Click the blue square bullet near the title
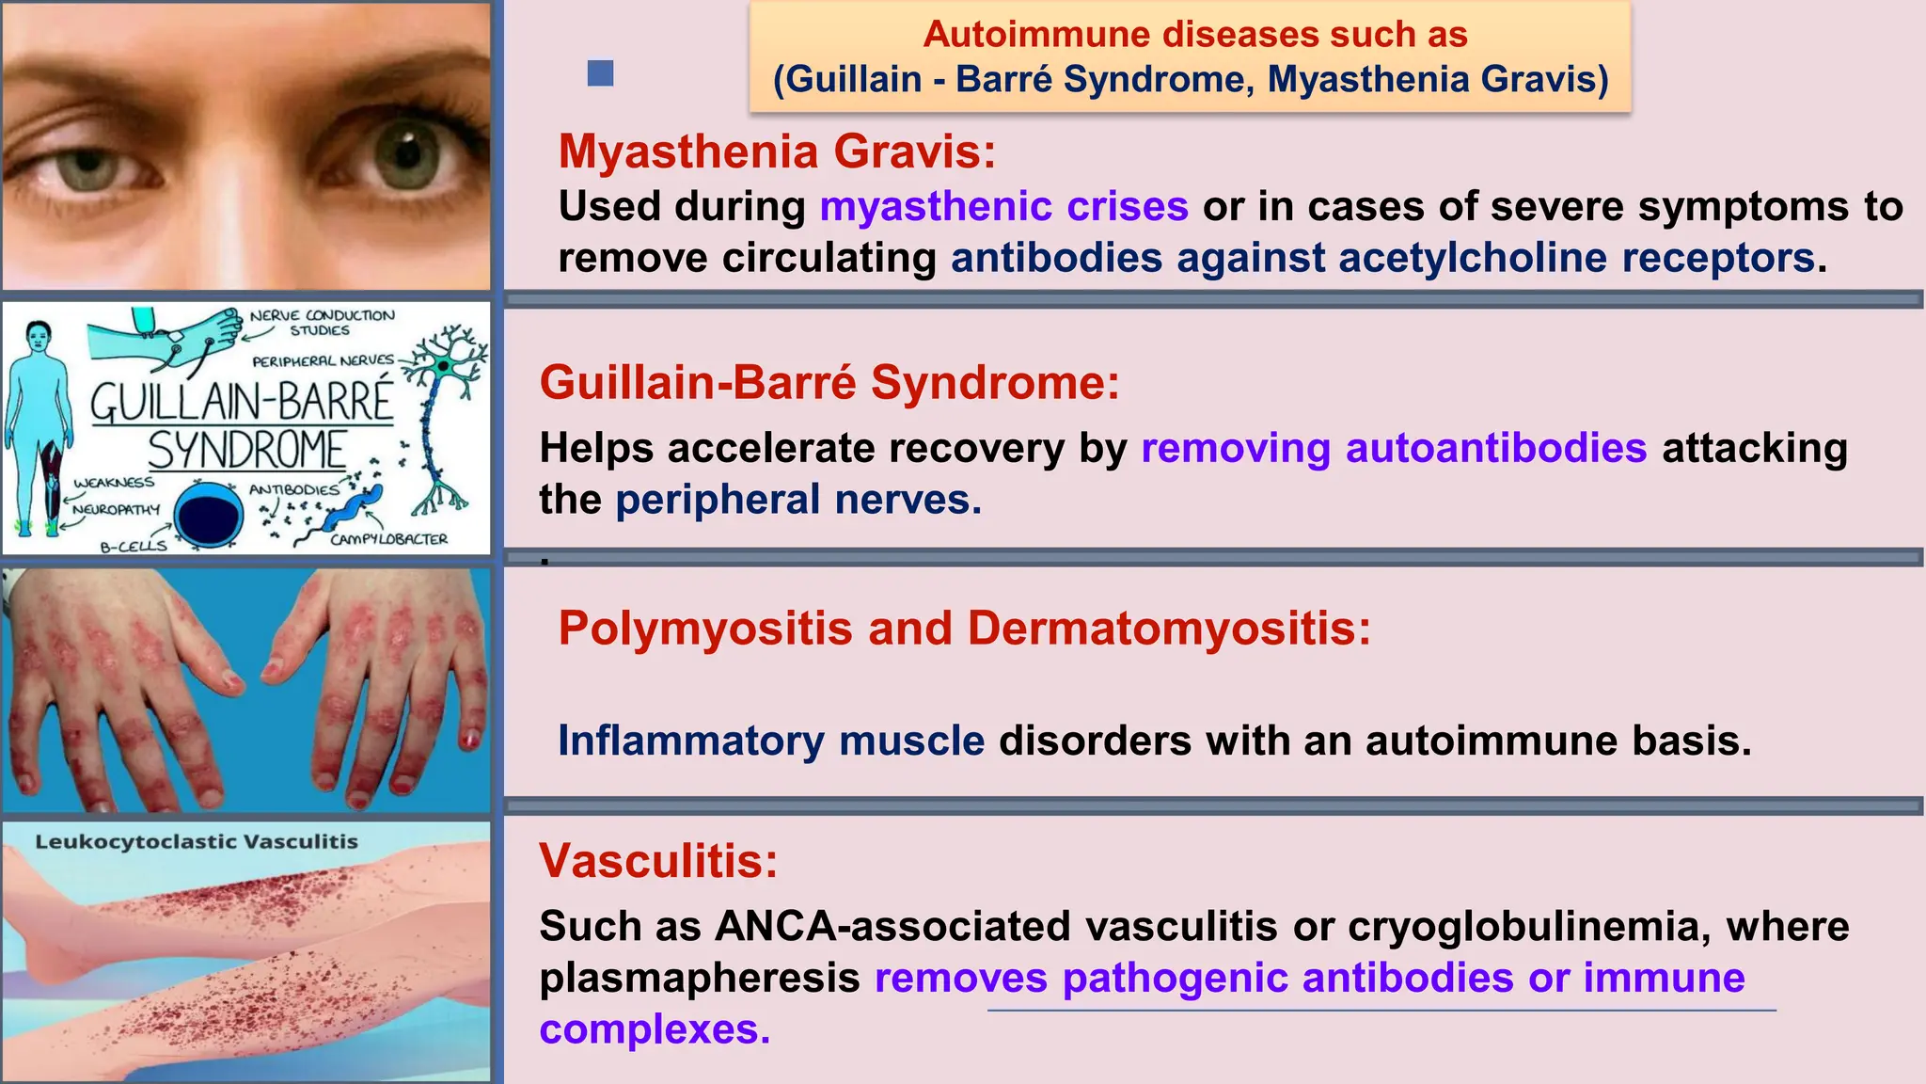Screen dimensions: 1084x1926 point(600,73)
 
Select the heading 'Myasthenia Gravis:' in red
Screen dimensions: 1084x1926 point(777,151)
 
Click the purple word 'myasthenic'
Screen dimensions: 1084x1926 point(935,206)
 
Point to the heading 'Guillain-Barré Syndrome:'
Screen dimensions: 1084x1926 point(829,383)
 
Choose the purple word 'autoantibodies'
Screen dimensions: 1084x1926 point(1495,448)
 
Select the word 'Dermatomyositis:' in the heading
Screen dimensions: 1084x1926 point(1169,628)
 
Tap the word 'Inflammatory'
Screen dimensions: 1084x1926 point(690,741)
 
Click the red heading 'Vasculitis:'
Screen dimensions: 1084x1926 point(658,860)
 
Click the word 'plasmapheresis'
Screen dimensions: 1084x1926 point(699,979)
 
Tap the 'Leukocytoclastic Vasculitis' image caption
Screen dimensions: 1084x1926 point(197,842)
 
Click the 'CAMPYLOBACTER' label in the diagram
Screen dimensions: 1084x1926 point(388,539)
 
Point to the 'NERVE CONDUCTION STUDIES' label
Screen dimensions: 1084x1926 point(322,322)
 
